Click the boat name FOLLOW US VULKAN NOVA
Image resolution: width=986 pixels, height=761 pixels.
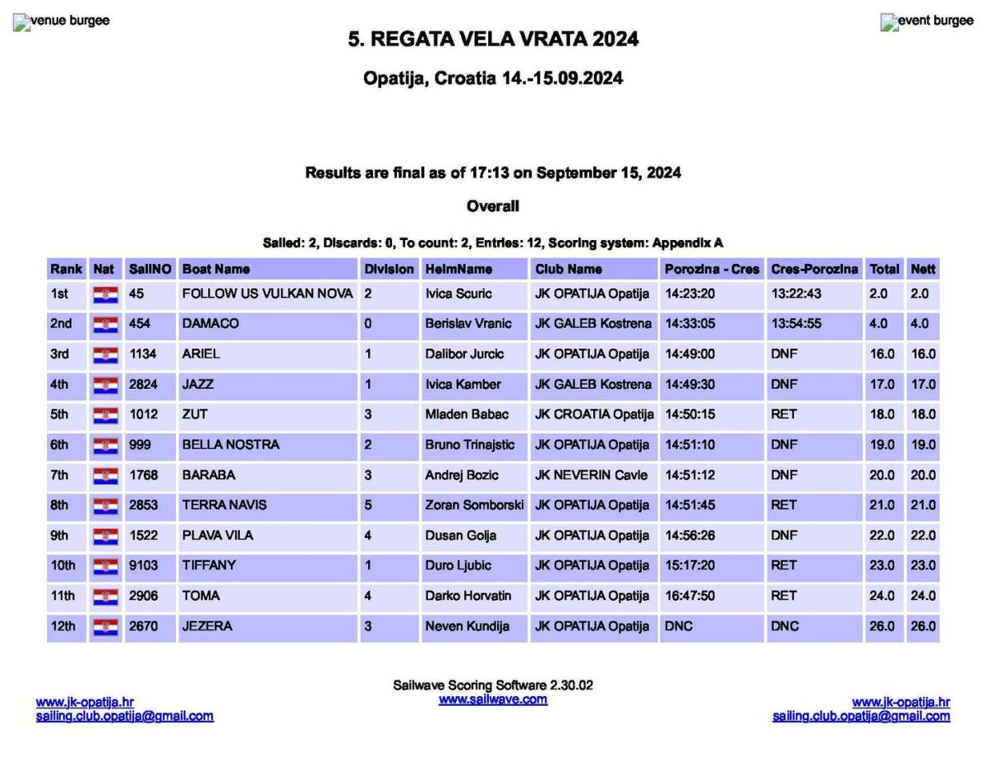(267, 293)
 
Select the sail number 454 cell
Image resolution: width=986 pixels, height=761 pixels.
(138, 324)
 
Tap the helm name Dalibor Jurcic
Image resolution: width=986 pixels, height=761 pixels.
(464, 354)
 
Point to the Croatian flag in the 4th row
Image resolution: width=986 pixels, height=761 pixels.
(105, 385)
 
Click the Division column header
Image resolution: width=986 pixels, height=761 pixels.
(388, 269)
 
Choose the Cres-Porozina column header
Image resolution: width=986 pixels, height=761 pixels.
(814, 269)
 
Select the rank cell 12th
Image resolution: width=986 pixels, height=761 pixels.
(62, 626)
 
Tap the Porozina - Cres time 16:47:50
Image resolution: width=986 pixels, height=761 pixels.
(689, 596)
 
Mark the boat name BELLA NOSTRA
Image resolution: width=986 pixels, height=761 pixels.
(230, 445)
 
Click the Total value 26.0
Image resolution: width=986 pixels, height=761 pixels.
(882, 626)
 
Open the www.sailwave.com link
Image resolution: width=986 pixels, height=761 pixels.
(493, 699)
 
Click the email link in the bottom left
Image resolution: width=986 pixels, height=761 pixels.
(124, 716)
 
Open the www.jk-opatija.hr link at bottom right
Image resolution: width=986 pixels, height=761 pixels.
(901, 702)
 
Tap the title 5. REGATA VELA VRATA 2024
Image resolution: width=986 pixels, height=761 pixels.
(493, 39)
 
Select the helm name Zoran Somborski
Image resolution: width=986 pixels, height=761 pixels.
(474, 505)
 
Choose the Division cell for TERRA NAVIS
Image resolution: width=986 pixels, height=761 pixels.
(368, 505)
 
